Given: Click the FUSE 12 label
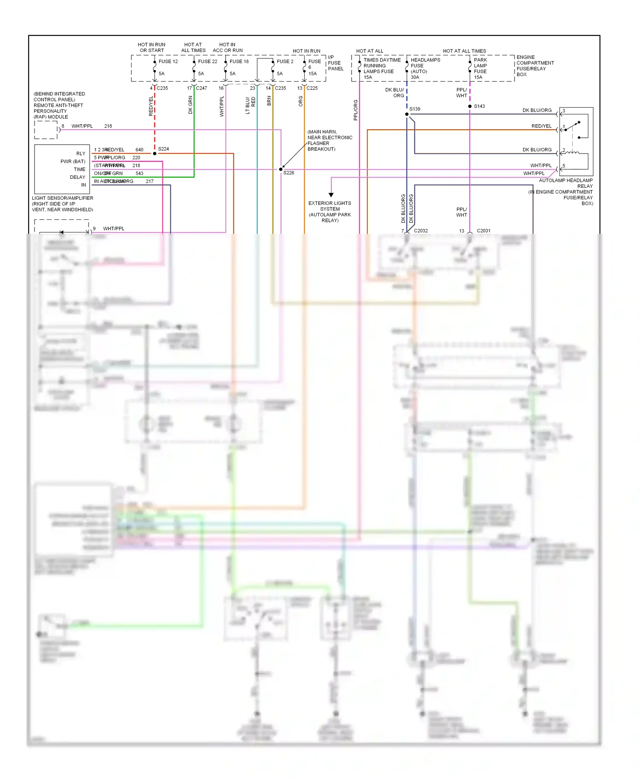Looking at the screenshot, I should click(x=168, y=61).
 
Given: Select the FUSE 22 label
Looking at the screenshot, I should click(x=207, y=61).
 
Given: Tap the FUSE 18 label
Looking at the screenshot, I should click(x=239, y=61).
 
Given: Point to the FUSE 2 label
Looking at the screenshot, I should click(x=285, y=61).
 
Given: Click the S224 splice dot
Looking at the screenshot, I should click(x=155, y=153).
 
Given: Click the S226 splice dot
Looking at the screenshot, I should click(x=281, y=169).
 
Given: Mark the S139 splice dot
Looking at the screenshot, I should click(x=407, y=114).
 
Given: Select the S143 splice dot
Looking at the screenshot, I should click(x=470, y=106).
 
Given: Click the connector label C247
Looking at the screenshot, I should click(x=201, y=88).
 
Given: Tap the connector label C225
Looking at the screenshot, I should click(x=312, y=88).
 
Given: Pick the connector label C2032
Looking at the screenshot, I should click(x=421, y=231).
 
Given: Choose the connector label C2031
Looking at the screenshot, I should click(x=483, y=231).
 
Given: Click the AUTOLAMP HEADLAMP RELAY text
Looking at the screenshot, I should click(x=565, y=183).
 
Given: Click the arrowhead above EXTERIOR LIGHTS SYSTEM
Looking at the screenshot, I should click(x=331, y=195).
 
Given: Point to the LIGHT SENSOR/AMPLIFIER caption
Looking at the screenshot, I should click(x=62, y=198).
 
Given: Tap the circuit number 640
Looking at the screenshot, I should click(x=139, y=150).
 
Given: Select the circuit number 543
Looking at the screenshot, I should click(x=139, y=174).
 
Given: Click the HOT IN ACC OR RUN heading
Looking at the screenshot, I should click(x=227, y=47).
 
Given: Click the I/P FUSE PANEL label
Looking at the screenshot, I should click(x=335, y=63).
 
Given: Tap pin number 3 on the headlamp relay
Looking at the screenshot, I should click(x=564, y=111).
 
